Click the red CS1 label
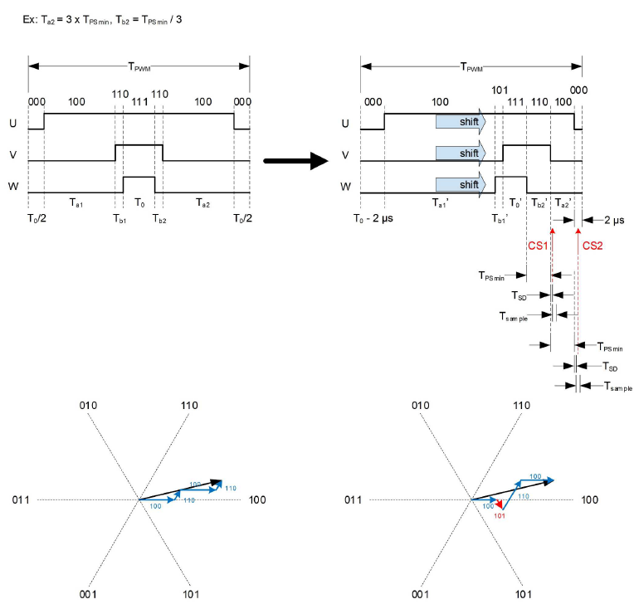538,246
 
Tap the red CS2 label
592,246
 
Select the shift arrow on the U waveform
461,123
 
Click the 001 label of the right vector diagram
421,594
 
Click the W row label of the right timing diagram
345,187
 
